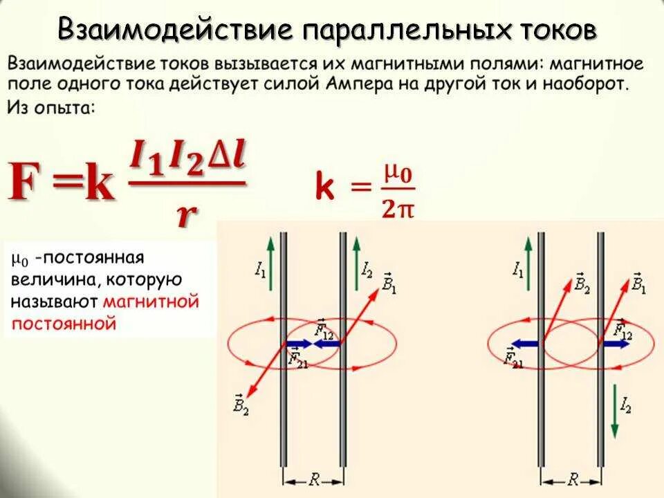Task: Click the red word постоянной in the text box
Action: coord(63,323)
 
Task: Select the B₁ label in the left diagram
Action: coord(389,283)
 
